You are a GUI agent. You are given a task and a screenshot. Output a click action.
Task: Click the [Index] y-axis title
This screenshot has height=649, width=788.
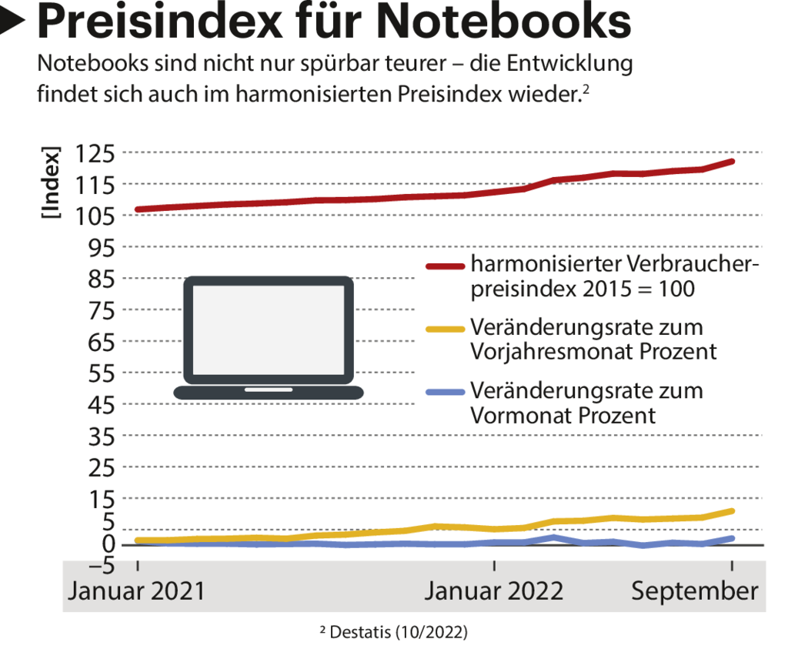click(x=51, y=183)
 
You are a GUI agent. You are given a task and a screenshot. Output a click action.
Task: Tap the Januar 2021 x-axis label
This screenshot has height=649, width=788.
click(x=138, y=591)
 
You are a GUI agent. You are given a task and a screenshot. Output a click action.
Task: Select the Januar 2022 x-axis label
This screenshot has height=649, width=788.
click(x=494, y=591)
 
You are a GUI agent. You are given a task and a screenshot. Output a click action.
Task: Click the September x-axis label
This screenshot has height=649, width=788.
click(x=695, y=591)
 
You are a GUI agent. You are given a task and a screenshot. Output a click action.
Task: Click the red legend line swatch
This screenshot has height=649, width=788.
click(x=445, y=266)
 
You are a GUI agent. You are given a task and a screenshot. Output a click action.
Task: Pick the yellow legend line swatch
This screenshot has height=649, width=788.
click(x=445, y=329)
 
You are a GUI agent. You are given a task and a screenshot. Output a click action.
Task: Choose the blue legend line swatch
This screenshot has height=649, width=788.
click(x=445, y=393)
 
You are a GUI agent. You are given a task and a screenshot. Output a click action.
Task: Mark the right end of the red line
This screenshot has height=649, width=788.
click(x=732, y=161)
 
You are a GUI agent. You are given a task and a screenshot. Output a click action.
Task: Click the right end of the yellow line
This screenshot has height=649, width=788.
click(x=732, y=510)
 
